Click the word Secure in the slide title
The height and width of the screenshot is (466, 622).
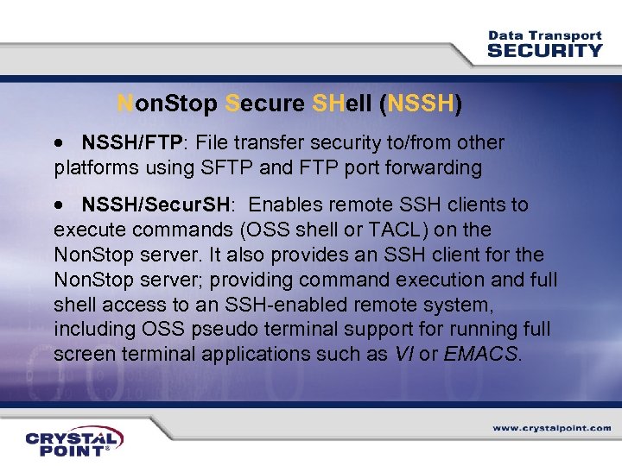(x=264, y=104)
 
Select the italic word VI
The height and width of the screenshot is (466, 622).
(x=402, y=354)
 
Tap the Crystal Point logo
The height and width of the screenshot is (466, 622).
(x=73, y=440)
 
